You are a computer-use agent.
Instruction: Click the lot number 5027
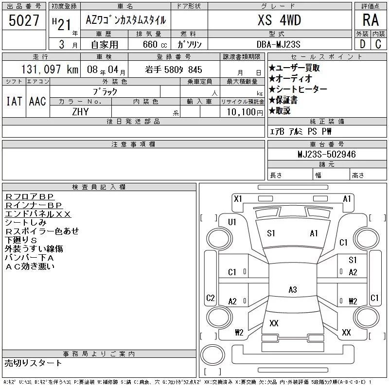[x=24, y=21]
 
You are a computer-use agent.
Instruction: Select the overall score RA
[x=370, y=20]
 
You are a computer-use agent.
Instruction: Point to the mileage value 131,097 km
[x=49, y=70]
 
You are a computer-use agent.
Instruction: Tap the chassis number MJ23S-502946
[x=326, y=154]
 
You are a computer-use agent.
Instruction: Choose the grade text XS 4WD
[x=279, y=20]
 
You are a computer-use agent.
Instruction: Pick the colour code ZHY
[x=80, y=111]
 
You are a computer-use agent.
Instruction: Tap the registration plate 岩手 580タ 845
[x=174, y=70]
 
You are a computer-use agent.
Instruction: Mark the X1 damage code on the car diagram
[x=238, y=198]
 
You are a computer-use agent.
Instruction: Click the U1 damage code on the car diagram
[x=232, y=222]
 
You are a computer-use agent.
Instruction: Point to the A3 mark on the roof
[x=292, y=289]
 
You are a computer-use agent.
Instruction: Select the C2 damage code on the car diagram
[x=211, y=298]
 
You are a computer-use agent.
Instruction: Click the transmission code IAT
[x=13, y=101]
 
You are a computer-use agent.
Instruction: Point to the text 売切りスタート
[x=34, y=363]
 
